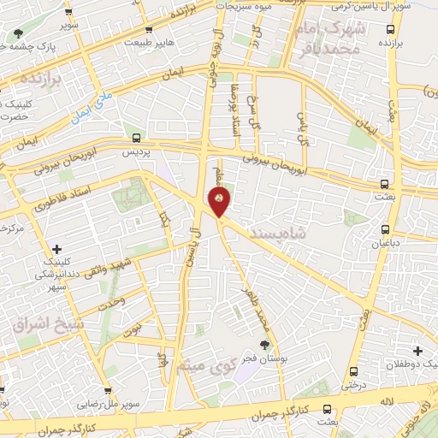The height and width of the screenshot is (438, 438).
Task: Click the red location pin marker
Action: (219, 202)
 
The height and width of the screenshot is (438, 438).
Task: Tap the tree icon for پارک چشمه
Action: (19, 33)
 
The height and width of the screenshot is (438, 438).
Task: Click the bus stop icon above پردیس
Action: (136, 138)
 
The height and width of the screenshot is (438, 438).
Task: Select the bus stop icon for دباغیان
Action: (385, 229)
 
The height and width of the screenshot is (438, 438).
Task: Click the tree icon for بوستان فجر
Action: (264, 343)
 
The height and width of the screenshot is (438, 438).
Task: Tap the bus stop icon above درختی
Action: (353, 371)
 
